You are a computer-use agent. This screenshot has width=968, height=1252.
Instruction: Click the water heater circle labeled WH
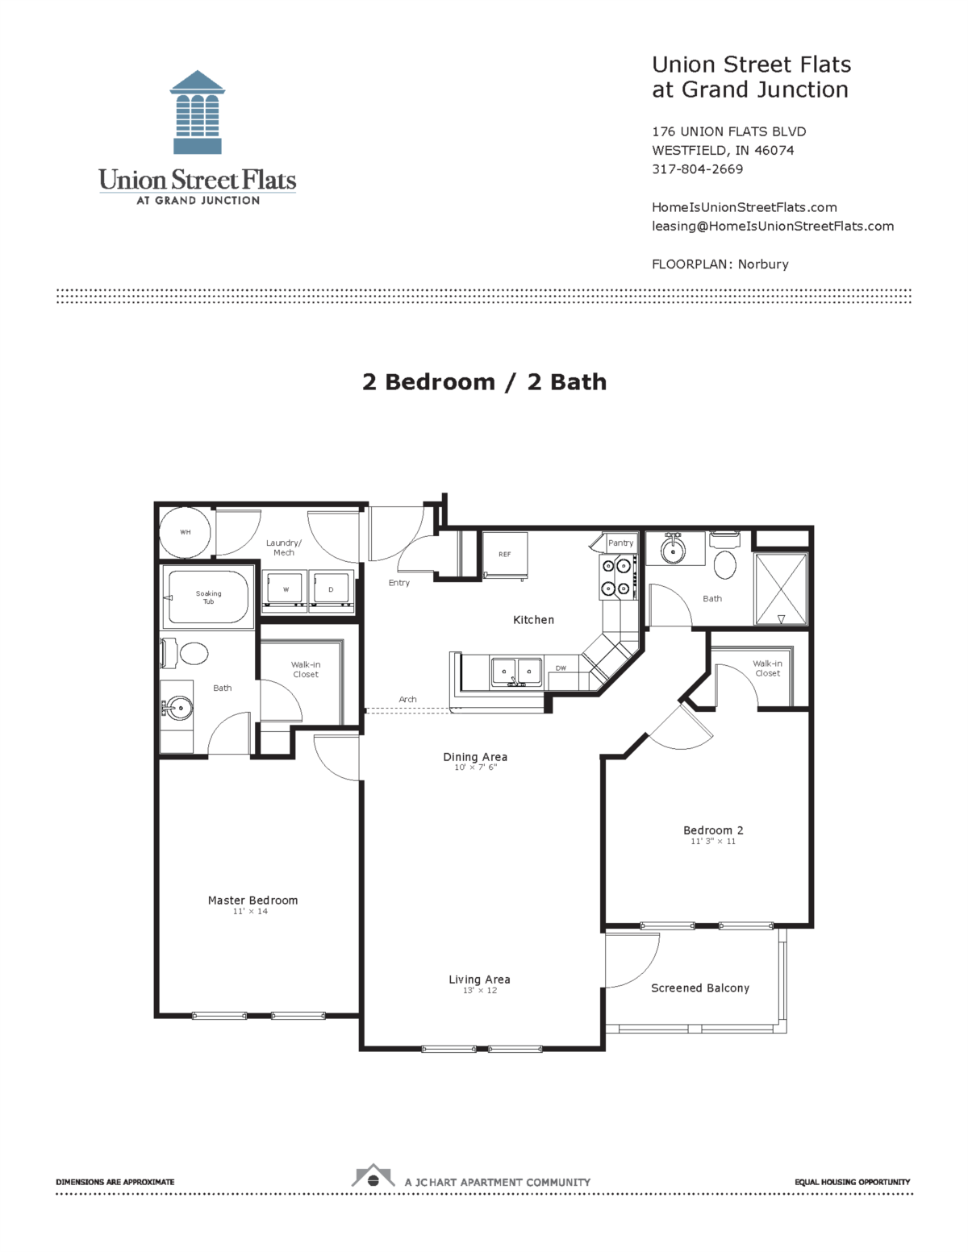pos(186,532)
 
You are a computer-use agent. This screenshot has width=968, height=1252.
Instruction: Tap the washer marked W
pos(285,590)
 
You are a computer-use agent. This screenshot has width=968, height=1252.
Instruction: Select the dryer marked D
pos(331,590)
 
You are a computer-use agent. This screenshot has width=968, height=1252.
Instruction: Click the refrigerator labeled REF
pos(505,555)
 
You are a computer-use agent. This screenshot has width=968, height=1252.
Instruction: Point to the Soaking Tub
pos(208,597)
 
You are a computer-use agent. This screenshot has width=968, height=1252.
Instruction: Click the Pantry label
pos(620,543)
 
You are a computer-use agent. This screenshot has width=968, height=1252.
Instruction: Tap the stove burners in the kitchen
pos(616,577)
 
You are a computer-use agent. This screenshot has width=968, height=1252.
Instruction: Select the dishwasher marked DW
pos(561,669)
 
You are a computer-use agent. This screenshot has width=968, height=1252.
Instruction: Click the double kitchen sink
pos(516,671)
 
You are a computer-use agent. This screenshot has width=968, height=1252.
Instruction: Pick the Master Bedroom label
pos(252,901)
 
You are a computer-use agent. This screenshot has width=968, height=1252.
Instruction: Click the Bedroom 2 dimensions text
pos(713,842)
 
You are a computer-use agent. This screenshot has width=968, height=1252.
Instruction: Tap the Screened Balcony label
pos(700,988)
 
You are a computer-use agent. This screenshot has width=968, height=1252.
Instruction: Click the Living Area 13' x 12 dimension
pos(480,991)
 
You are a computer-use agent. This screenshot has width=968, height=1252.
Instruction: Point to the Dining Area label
pos(475,757)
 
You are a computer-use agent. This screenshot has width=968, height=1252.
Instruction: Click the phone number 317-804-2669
pos(698,169)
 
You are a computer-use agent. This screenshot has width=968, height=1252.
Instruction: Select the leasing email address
pos(773,227)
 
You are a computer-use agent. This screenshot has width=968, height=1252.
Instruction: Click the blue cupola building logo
pos(198,112)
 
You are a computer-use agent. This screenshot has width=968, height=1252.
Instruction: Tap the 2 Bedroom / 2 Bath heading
pos(484,382)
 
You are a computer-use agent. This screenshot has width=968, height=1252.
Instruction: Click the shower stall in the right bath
pos(781,589)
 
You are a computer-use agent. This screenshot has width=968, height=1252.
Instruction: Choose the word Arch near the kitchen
pos(407,700)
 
